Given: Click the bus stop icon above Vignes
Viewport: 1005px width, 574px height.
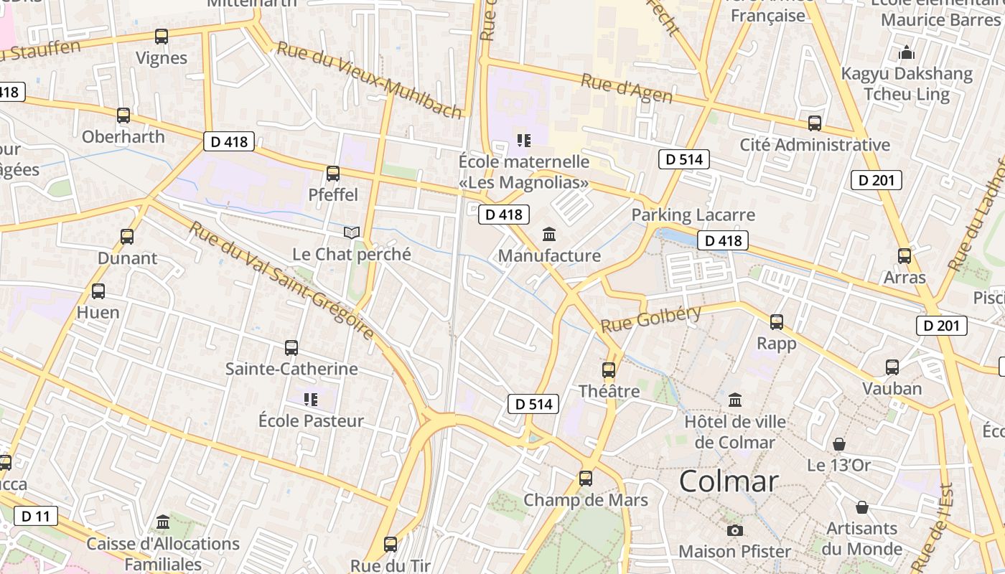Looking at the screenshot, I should click(162, 37).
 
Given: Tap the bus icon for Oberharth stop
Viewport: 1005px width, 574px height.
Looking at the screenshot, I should click(123, 115).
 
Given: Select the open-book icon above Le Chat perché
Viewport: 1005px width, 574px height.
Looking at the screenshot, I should click(352, 232).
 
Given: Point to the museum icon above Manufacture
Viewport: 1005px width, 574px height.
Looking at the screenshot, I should click(549, 234).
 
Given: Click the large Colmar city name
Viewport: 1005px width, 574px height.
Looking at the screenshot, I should click(729, 481).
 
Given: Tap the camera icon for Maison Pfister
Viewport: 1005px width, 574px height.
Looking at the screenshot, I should click(734, 530).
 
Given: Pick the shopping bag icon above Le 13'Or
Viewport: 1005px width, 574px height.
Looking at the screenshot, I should click(838, 444).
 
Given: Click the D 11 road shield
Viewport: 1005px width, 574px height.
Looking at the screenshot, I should click(35, 516).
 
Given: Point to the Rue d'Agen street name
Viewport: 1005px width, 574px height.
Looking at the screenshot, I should click(627, 88).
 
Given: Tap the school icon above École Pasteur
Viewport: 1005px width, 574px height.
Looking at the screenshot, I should click(311, 399).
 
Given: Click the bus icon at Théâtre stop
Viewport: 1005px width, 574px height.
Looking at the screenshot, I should click(609, 370).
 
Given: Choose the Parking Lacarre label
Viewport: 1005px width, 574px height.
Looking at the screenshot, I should click(693, 215).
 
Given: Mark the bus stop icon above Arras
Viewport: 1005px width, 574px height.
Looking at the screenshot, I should click(904, 255).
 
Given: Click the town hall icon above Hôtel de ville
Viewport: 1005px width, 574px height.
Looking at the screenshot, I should click(735, 400).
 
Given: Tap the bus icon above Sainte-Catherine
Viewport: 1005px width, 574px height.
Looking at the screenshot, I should click(291, 348).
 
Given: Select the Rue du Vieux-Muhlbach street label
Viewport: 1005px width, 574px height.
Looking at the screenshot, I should click(369, 79).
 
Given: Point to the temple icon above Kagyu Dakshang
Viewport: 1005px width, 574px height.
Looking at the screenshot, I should click(907, 52).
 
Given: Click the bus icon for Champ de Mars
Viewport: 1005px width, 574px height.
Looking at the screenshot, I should click(586, 479).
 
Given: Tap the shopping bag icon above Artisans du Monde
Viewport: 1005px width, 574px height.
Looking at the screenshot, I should click(861, 507).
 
